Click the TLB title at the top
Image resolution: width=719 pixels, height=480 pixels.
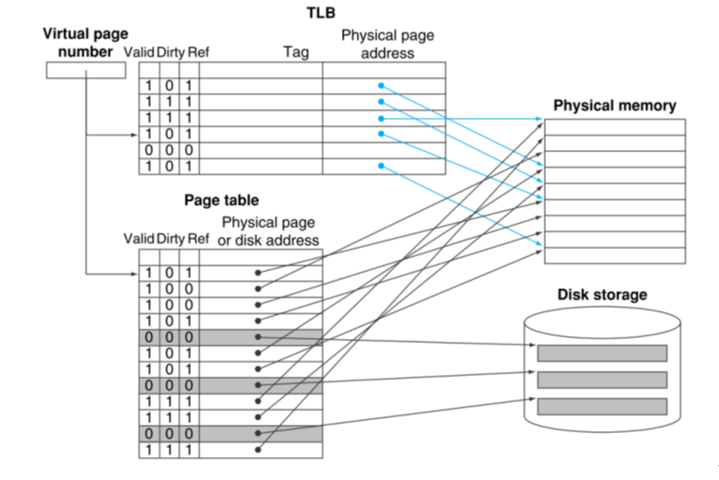point(321,13)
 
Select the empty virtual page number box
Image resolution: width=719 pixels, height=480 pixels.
point(85,70)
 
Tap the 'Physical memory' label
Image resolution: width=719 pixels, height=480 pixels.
point(614,105)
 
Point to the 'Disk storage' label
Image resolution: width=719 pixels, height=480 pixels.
point(602,295)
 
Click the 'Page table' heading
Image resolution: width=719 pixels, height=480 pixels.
point(221,200)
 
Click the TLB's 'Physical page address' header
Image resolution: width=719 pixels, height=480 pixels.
point(387,44)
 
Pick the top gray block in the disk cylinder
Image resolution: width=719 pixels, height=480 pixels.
point(602,353)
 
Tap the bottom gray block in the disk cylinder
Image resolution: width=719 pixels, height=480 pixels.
point(602,406)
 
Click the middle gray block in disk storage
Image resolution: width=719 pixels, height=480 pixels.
point(602,380)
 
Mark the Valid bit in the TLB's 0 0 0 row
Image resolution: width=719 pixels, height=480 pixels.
point(147,150)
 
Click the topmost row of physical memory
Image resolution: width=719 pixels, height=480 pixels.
point(615,127)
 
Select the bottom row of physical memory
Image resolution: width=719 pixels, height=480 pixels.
point(615,254)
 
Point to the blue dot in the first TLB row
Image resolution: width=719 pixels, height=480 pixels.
point(380,86)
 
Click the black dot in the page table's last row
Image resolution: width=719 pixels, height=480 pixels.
point(259,450)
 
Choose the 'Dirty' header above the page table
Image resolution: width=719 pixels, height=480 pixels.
point(170,239)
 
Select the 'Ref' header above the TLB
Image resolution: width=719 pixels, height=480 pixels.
point(198,53)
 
